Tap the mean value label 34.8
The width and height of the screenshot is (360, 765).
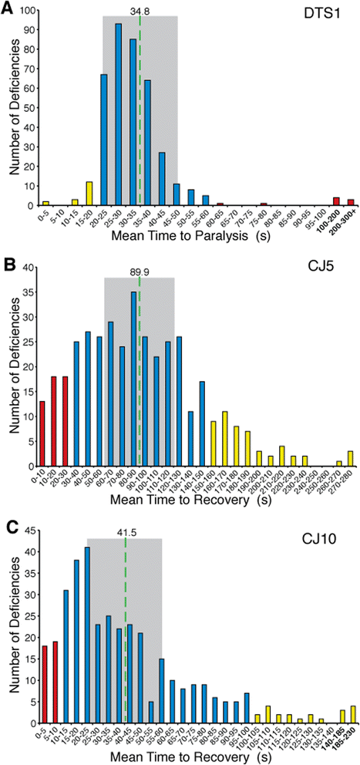(140, 11)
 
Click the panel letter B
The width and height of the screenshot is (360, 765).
(9, 265)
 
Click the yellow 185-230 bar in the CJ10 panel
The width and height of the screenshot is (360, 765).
(353, 716)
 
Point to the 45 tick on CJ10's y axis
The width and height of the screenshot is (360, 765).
(33, 531)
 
